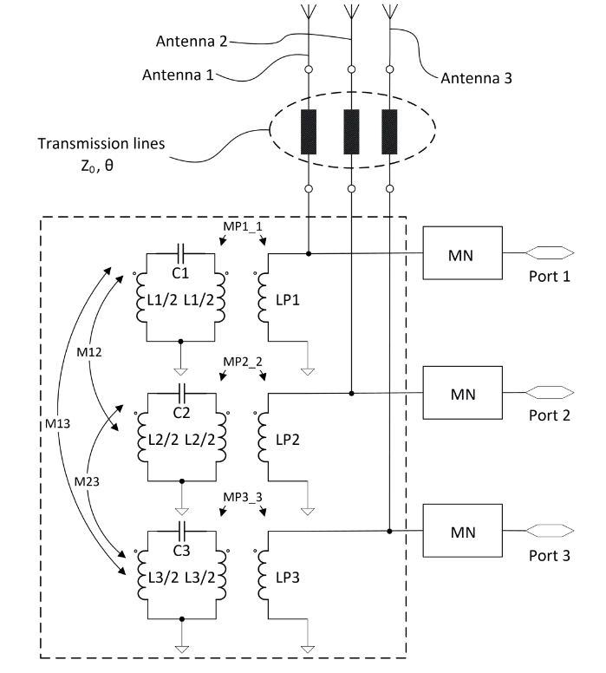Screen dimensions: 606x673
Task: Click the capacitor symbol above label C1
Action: (180, 253)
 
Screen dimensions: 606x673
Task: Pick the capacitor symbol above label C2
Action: (182, 393)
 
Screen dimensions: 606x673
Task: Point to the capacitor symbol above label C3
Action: (182, 531)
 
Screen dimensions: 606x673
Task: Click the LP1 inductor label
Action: (288, 300)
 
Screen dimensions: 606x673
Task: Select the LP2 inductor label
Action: (288, 440)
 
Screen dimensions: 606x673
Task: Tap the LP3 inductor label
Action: (288, 578)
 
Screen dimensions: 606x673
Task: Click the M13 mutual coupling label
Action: (57, 424)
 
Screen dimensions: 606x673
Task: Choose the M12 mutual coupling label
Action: (89, 352)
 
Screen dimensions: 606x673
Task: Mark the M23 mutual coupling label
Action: (87, 481)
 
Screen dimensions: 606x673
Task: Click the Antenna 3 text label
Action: (476, 78)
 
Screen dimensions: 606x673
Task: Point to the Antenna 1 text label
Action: (178, 75)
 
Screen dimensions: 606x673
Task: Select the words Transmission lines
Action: (101, 143)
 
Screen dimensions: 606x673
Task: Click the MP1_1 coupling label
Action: (243, 226)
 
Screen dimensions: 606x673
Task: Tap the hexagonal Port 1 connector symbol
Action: (550, 253)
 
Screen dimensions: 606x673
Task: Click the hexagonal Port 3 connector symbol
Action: (550, 531)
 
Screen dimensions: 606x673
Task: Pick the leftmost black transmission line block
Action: (309, 132)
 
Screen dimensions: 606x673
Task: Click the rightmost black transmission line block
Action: (389, 132)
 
